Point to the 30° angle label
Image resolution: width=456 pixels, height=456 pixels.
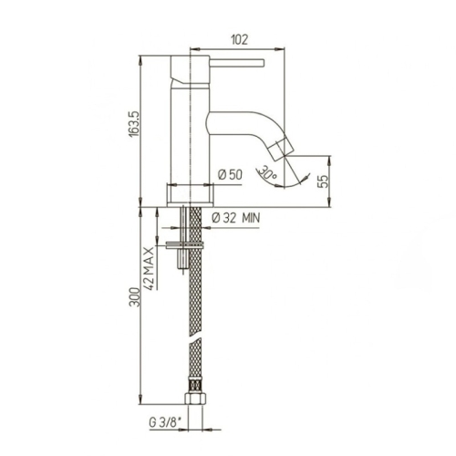coord(265,171)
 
